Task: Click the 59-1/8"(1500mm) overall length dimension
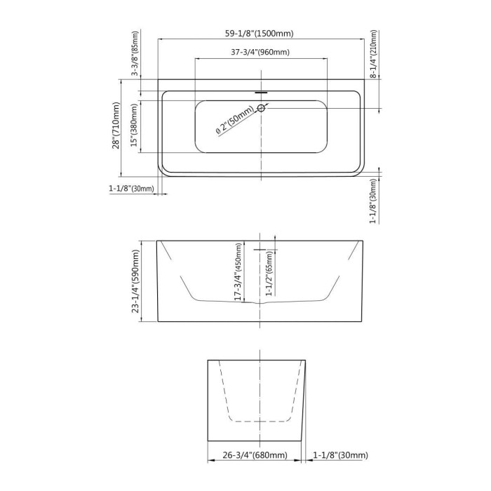tap(260, 34)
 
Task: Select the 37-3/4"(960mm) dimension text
tap(260, 52)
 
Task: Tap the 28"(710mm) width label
tap(116, 126)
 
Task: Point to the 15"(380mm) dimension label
tap(134, 126)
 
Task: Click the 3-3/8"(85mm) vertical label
tap(135, 53)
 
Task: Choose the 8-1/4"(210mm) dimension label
tap(374, 54)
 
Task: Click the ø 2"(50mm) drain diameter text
tap(235, 121)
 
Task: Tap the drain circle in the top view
tap(261, 108)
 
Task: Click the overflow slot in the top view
tap(261, 93)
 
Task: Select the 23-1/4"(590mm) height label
tap(135, 281)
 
